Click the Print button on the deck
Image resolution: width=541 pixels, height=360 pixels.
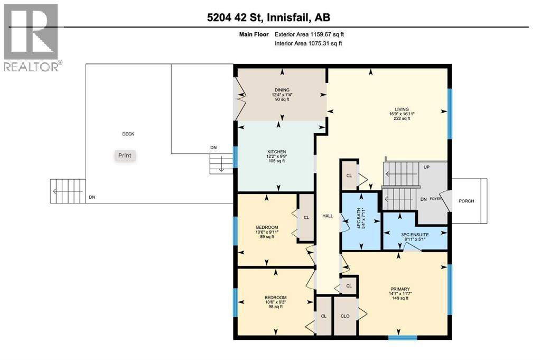125,155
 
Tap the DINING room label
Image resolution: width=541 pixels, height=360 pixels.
282,90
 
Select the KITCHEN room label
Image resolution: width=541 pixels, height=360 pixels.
276,152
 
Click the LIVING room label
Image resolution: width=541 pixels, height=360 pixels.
402,108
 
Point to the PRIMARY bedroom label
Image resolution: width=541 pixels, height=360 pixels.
400,289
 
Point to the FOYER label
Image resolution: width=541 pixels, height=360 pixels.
435,200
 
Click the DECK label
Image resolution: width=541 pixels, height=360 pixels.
128,134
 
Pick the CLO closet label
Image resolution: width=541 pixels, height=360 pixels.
344,317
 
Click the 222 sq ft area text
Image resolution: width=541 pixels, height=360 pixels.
402,119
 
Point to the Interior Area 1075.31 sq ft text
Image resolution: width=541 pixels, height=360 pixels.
308,44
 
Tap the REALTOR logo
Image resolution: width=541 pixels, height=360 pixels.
31,37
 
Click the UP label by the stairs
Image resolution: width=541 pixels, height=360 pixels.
427,167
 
